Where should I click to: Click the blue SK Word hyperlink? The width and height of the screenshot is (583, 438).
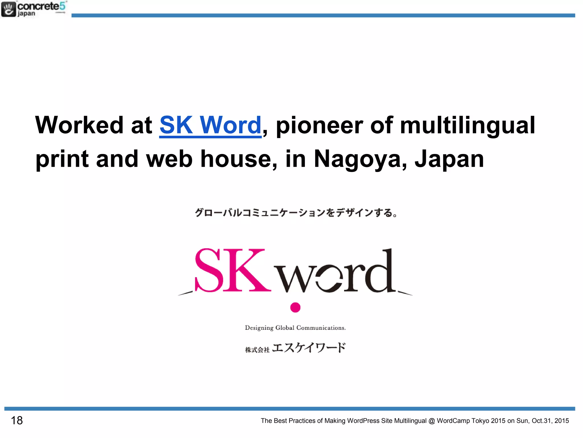point(210,125)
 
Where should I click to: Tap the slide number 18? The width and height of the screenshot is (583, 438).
point(17,420)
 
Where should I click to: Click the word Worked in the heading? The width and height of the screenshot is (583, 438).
point(79,125)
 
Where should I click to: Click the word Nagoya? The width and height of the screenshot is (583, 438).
point(360,159)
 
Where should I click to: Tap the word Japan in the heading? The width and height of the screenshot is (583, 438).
point(449,159)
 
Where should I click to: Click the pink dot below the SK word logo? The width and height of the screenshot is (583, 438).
point(295,307)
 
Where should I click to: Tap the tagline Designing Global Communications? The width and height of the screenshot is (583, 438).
point(295,328)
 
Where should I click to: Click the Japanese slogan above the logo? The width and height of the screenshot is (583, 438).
point(296,213)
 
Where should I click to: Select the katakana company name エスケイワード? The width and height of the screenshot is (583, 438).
point(309,348)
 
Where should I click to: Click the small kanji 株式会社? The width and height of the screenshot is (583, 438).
point(257,350)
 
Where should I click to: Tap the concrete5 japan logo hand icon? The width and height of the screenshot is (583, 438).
point(8,9)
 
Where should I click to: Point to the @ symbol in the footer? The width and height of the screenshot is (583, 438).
point(432,421)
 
